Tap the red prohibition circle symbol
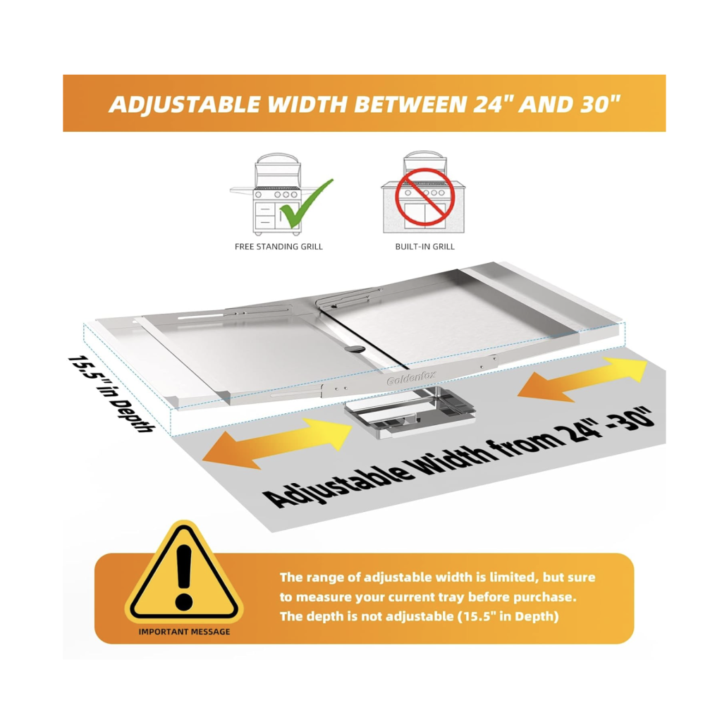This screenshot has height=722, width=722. coord(425,197)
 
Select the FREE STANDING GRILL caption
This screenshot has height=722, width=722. coord(279,247)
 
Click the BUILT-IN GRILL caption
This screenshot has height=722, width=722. coord(424,247)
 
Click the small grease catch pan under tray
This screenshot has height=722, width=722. coord(409,412)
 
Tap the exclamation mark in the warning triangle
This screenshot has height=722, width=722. coord(184,577)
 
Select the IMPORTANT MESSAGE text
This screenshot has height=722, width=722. coord(184,632)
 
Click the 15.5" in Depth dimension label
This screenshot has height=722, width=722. coord(111,393)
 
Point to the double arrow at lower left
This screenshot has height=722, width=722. coord(277,444)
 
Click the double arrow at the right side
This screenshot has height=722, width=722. coord(582,379)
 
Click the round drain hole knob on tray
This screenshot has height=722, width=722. coord(353,349)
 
